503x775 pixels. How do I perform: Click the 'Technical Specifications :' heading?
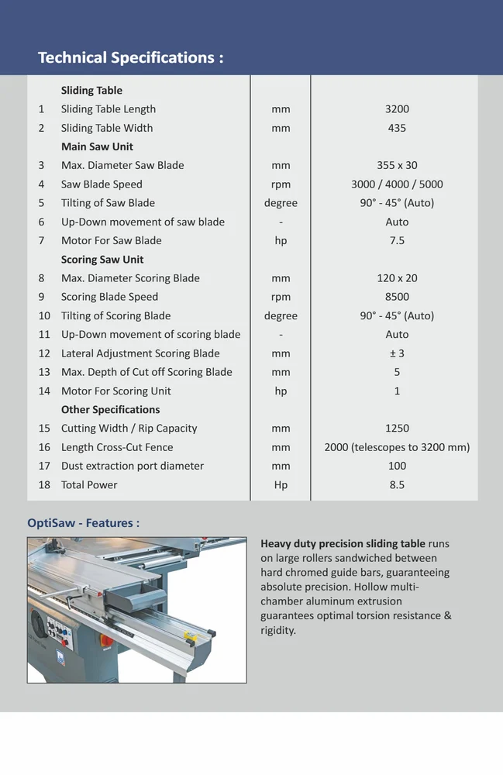click(x=130, y=58)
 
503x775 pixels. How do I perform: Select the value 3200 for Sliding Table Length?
click(x=397, y=109)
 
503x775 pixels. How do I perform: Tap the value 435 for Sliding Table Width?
click(x=397, y=128)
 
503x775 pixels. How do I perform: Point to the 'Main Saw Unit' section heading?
click(x=97, y=146)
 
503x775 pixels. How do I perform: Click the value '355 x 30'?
click(x=397, y=165)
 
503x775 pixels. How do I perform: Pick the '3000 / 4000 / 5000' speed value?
click(x=397, y=184)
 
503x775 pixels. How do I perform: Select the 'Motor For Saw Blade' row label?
click(x=112, y=240)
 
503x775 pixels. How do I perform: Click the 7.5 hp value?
click(x=397, y=240)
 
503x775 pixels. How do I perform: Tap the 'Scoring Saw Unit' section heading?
click(x=102, y=260)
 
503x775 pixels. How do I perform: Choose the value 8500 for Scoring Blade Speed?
click(x=397, y=297)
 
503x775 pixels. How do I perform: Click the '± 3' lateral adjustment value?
click(x=397, y=353)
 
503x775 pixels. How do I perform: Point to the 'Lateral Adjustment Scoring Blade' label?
click(x=140, y=353)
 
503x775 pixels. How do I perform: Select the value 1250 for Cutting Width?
click(x=397, y=429)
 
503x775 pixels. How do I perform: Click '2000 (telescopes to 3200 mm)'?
click(x=397, y=447)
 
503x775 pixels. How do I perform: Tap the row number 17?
click(x=44, y=466)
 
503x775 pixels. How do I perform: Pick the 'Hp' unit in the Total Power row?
click(x=281, y=485)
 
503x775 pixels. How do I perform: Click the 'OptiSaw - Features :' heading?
click(x=84, y=523)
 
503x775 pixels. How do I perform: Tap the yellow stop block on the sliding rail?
click(x=191, y=636)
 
